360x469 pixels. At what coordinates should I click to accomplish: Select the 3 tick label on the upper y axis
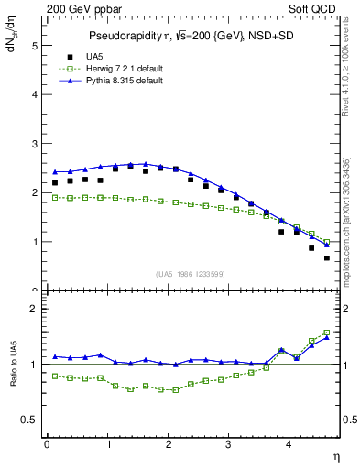point(34,144)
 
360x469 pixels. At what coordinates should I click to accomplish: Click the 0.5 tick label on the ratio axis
point(28,420)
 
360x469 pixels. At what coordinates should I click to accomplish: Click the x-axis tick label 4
point(289,444)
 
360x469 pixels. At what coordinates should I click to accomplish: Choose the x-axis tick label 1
point(107,444)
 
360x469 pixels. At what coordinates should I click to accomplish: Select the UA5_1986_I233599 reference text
point(190,275)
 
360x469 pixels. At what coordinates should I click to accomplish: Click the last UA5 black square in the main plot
point(327,257)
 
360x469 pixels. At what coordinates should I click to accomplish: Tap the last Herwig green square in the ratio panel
point(327,333)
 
